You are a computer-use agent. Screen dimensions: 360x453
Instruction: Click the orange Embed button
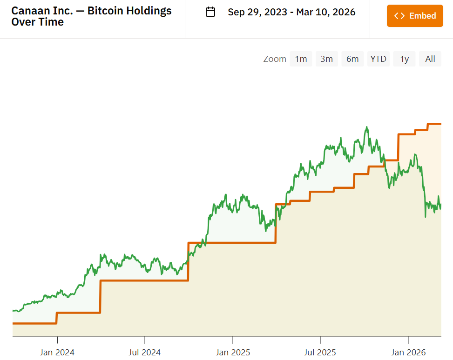point(415,16)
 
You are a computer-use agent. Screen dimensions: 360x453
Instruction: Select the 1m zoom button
point(301,59)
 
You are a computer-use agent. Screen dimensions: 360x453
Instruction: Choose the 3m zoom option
point(326,59)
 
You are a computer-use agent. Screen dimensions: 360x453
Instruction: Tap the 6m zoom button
point(352,59)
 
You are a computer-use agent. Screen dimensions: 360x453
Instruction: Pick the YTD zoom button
point(378,59)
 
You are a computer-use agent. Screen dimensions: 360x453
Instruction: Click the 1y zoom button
point(404,59)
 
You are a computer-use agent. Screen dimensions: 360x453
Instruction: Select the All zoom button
point(430,59)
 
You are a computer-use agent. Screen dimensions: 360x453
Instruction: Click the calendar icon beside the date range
point(210,12)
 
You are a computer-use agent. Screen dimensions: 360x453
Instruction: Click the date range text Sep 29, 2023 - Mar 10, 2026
point(291,12)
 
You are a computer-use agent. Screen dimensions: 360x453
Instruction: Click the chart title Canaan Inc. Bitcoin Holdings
point(91,16)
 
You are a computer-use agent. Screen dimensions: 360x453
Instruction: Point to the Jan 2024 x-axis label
point(57,353)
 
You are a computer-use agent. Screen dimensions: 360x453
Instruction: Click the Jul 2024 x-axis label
point(145,353)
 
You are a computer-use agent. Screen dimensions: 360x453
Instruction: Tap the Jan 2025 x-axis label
point(233,353)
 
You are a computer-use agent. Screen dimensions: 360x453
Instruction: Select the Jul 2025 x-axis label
point(320,353)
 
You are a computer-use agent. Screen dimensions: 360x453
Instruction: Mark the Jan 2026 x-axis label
point(408,353)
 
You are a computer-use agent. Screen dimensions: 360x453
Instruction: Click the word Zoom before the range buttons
point(275,59)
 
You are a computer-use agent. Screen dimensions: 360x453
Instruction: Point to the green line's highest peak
point(367,127)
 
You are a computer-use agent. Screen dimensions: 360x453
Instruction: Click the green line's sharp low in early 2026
point(425,216)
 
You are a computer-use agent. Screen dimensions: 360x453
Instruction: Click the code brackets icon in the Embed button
point(399,16)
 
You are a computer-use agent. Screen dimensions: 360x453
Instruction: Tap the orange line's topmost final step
point(434,124)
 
